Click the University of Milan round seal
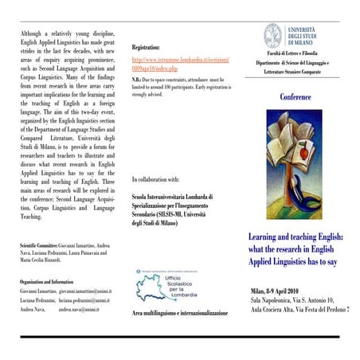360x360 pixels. pyautogui.click(x=273, y=35)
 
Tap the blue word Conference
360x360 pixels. pyautogui.click(x=295, y=97)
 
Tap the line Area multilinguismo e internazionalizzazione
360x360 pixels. pyautogui.click(x=179, y=314)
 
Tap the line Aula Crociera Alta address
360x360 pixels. pyautogui.click(x=300, y=310)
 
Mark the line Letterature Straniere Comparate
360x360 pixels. pyautogui.click(x=298, y=72)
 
